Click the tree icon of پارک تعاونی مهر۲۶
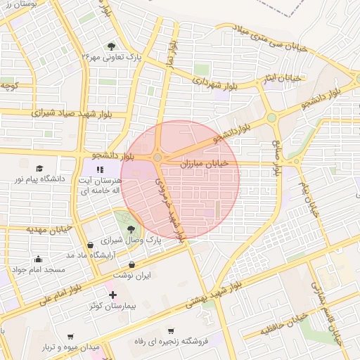(111, 46)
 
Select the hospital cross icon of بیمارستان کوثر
(112, 294)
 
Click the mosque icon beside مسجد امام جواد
(38, 258)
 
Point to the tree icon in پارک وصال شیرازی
(130, 229)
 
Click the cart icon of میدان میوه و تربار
(70, 337)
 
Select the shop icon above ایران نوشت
(132, 264)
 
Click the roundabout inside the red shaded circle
(157, 158)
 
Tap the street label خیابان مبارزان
(205, 163)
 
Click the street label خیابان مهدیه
(50, 229)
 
